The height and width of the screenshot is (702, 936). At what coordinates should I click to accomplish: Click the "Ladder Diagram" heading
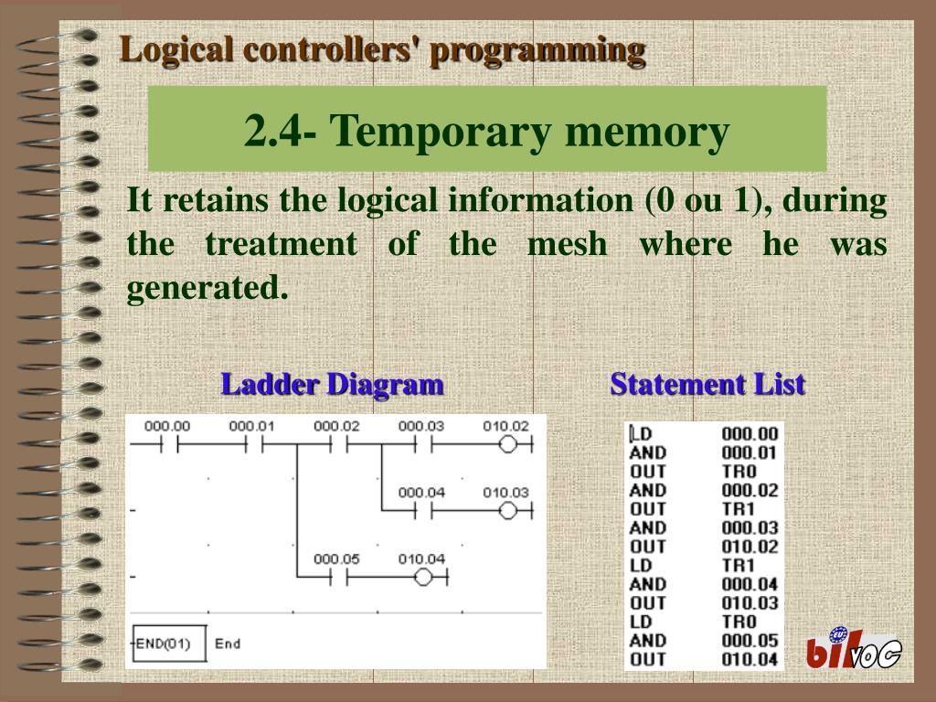point(332,384)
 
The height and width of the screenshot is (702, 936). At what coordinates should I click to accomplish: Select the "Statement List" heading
point(707,384)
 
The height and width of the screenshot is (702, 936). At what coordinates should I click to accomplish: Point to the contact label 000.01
point(251,427)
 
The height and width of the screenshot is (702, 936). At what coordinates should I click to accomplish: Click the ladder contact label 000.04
point(421,493)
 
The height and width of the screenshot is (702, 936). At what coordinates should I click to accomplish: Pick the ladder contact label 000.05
point(336,559)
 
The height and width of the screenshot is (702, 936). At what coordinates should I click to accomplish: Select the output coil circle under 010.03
point(509,511)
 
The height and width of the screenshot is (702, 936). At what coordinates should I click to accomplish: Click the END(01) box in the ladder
point(168,643)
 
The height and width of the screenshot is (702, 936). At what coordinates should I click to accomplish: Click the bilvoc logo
point(852,650)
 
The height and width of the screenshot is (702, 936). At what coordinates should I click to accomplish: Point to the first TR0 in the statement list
point(739,472)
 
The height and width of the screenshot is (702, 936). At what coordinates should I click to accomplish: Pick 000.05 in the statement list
point(750,641)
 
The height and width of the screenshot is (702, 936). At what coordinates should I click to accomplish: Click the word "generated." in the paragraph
point(207,289)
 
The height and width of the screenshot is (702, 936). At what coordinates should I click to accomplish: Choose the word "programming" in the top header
point(537,49)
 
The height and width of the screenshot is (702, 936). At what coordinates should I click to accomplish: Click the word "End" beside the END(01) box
point(228,643)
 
